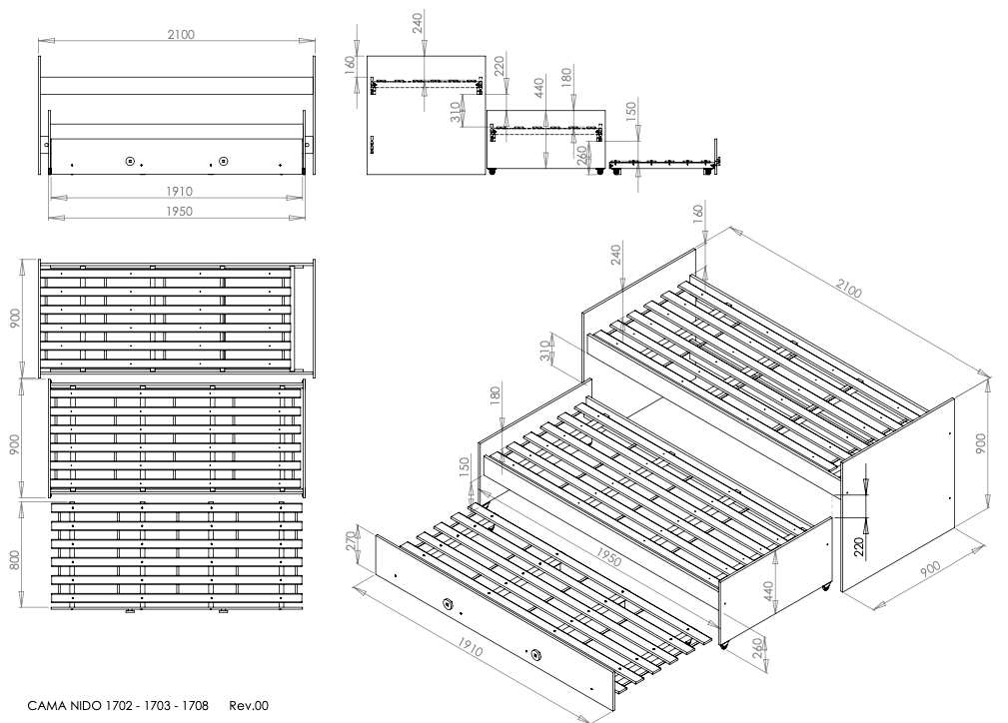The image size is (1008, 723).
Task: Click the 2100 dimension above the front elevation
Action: (181, 35)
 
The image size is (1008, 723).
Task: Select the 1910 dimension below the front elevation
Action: (180, 192)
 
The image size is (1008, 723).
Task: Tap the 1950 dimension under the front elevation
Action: (180, 212)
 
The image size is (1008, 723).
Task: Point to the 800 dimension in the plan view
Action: (15, 556)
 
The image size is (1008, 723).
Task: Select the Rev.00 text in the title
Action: (248, 706)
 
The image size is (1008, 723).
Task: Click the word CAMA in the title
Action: (46, 706)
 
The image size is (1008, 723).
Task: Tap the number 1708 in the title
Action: (194, 706)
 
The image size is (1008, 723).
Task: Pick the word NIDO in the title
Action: (85, 706)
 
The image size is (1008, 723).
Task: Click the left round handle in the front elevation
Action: (130, 161)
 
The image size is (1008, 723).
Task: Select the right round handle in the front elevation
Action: (223, 161)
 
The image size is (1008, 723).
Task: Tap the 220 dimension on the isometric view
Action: (859, 547)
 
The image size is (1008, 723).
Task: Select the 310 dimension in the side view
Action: (457, 112)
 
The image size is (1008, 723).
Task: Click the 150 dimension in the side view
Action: (630, 111)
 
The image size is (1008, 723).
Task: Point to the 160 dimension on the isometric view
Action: (698, 213)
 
